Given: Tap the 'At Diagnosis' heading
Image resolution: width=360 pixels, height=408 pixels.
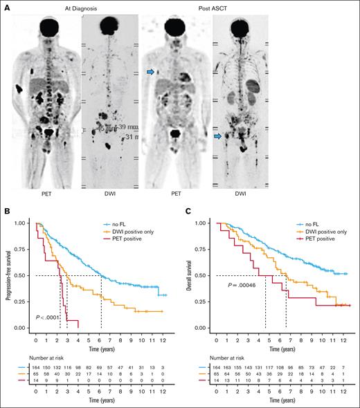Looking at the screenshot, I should coord(71,6).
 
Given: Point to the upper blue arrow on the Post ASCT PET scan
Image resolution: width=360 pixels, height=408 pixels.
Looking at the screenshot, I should coord(150,71).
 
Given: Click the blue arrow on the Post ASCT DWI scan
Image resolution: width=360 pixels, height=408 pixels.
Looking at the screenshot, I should coord(219,138).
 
